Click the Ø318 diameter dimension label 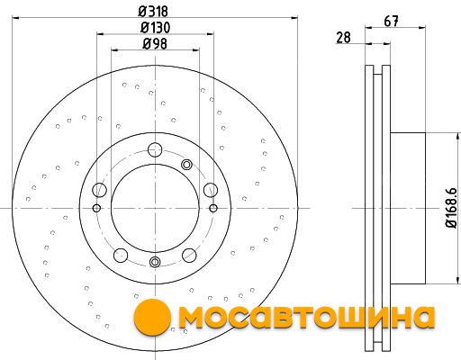[x=153, y=12]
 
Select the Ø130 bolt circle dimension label [x=155, y=28]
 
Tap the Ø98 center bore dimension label [x=155, y=44]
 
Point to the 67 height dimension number [x=392, y=22]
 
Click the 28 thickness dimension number [x=343, y=38]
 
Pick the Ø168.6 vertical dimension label [x=451, y=208]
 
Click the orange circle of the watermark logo [x=152, y=316]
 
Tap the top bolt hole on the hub [x=155, y=148]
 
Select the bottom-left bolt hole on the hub [x=121, y=256]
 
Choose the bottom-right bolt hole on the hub [x=189, y=255]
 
